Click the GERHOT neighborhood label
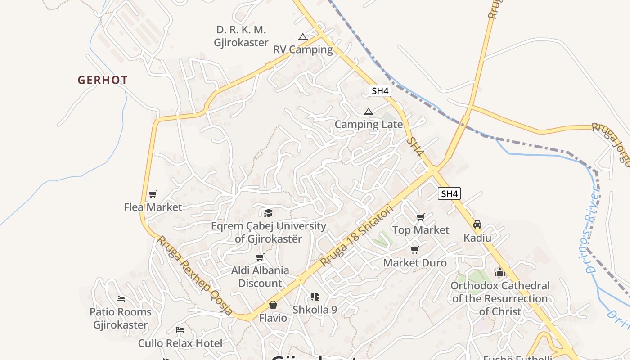[x=103, y=81]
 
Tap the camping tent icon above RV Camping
[x=302, y=37]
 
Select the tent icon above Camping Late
[x=369, y=112]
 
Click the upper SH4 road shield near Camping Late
[x=380, y=91]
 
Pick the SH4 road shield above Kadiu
[x=449, y=194]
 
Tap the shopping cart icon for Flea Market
[x=153, y=194]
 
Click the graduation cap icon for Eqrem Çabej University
[x=269, y=213]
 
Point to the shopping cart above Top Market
[x=421, y=217]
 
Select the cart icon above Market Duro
[x=414, y=250]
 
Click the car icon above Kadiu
[x=477, y=225]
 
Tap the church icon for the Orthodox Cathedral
[x=500, y=272]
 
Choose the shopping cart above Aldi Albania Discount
[x=260, y=257]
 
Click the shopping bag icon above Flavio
[x=273, y=305]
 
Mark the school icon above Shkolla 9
[x=315, y=297]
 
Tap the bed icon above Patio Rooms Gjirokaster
[x=120, y=299]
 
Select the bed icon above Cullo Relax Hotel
[x=180, y=330]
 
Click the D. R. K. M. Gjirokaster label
[x=241, y=36]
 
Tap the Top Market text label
[x=421, y=230]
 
